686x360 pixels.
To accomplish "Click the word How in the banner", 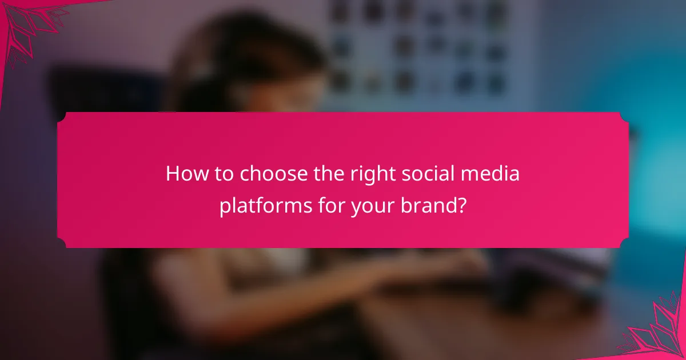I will click(182, 174).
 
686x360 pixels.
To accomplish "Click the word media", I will click(497, 174).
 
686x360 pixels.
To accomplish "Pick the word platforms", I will click(265, 205).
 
